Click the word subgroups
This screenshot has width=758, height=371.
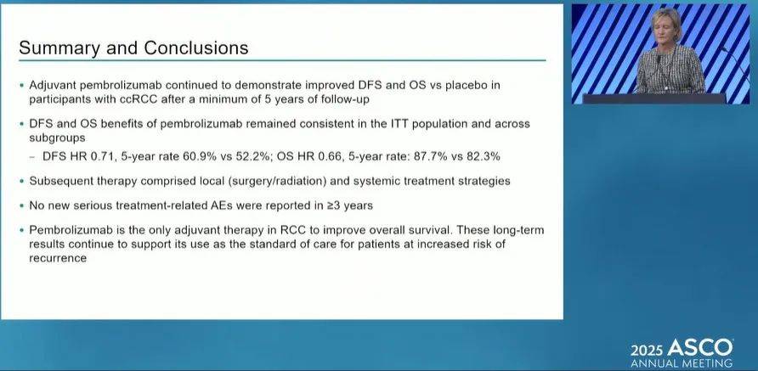[x=57, y=138]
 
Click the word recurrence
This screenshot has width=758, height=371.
[x=58, y=258]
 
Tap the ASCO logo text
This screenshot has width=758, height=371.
[x=700, y=348]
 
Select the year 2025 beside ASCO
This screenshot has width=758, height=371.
[x=647, y=350]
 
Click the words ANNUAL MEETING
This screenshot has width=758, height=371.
[x=682, y=363]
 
